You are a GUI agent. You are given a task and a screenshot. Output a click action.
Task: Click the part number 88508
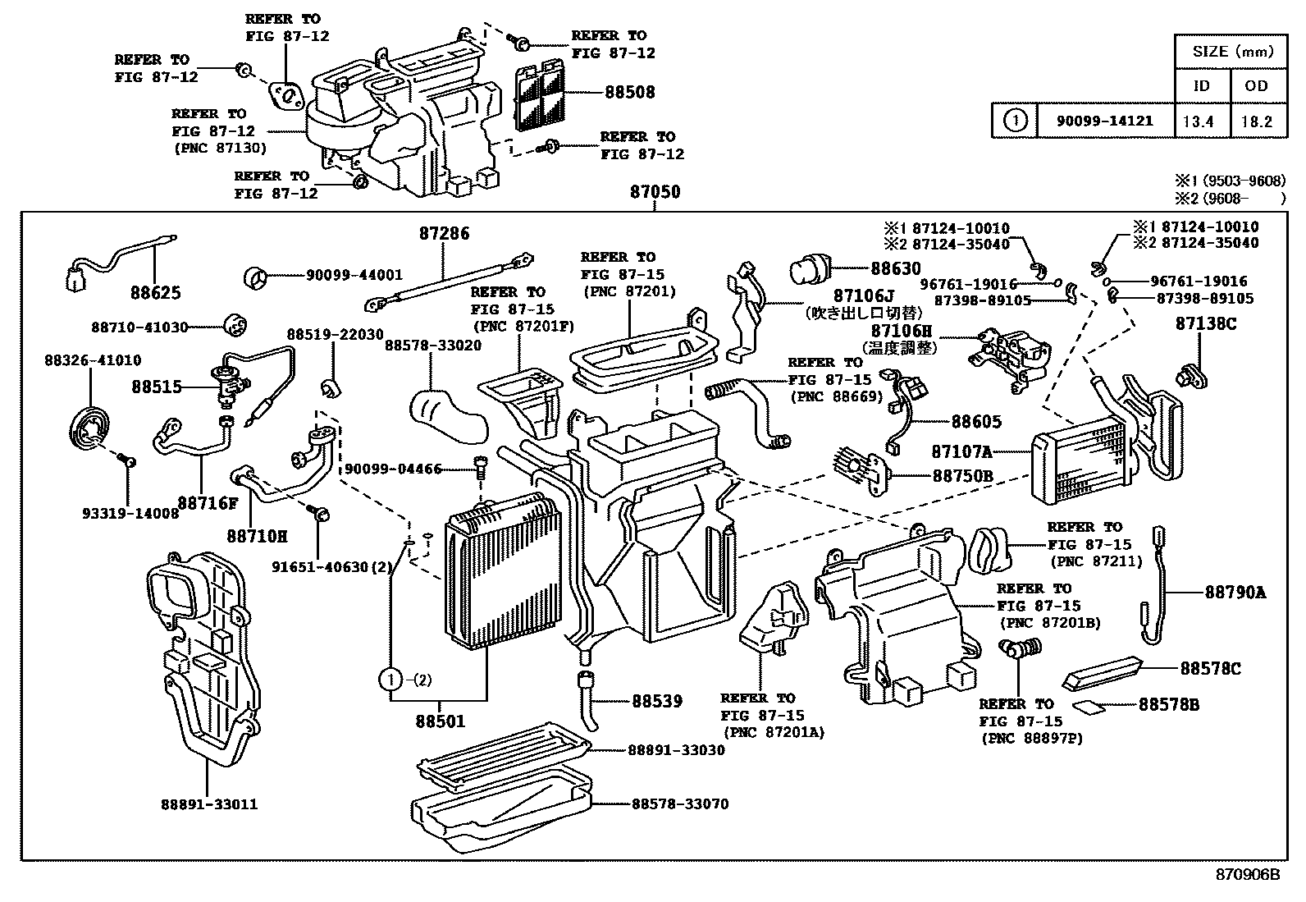pyautogui.click(x=630, y=93)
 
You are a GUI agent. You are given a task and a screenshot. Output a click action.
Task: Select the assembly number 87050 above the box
pyautogui.click(x=655, y=193)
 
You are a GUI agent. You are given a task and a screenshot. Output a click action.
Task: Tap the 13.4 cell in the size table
pyautogui.click(x=1198, y=121)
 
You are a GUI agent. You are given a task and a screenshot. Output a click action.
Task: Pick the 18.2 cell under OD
pyautogui.click(x=1256, y=121)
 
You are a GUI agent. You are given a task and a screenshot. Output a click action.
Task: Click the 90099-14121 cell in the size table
pyautogui.click(x=1104, y=121)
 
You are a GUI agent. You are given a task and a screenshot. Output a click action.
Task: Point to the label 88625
pyautogui.click(x=156, y=293)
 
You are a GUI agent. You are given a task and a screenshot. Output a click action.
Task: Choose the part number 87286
pyautogui.click(x=444, y=234)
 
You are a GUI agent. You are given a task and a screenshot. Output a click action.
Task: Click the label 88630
pyautogui.click(x=896, y=268)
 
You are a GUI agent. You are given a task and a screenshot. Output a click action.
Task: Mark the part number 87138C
pyautogui.click(x=1205, y=323)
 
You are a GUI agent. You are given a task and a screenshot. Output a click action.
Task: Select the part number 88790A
pyautogui.click(x=1235, y=592)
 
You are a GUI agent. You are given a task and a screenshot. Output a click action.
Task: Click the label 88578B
pyautogui.click(x=1168, y=704)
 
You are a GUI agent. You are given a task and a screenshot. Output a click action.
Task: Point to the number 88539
pyautogui.click(x=657, y=701)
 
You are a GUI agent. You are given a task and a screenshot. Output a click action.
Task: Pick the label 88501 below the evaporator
pyautogui.click(x=440, y=721)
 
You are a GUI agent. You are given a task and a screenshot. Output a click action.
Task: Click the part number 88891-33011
pyautogui.click(x=209, y=804)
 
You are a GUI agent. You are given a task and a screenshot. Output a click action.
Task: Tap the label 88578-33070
pyautogui.click(x=679, y=804)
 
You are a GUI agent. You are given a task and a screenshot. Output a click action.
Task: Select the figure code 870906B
pyautogui.click(x=1247, y=874)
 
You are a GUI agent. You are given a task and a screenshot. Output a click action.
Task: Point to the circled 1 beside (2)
pyautogui.click(x=391, y=680)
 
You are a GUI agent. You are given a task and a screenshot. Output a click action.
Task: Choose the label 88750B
pyautogui.click(x=962, y=475)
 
